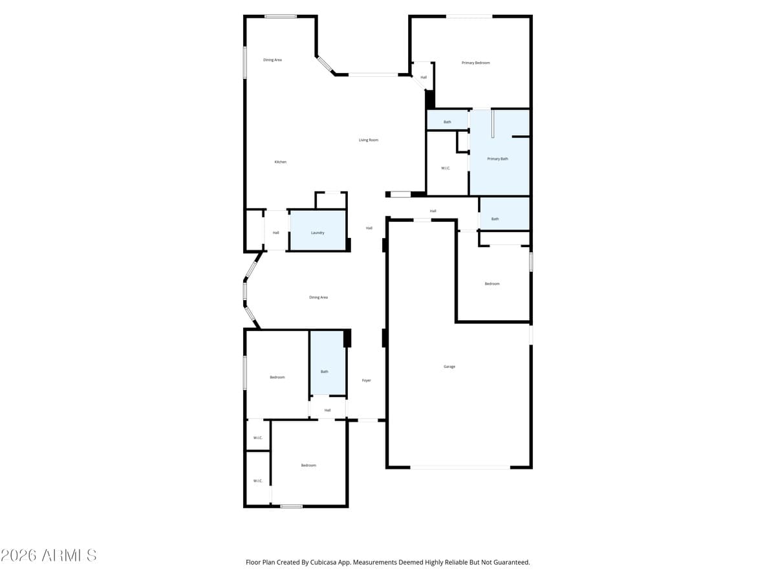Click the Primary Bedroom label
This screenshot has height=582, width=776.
point(475,63)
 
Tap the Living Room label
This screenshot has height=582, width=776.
point(369,140)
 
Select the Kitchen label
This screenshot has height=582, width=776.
point(280,162)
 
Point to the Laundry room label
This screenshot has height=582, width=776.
point(318,233)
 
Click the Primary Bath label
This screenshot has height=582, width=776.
point(497,158)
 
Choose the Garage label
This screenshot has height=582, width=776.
point(449,367)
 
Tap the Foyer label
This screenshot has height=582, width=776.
point(367,380)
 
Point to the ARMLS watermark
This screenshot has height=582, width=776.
point(49,555)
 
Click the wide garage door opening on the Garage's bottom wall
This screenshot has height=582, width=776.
point(460,467)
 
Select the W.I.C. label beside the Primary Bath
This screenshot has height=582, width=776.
point(446,168)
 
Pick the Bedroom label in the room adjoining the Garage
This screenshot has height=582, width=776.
point(492,284)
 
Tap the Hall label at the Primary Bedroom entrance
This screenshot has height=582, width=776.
point(424,77)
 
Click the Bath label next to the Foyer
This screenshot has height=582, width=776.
point(325,371)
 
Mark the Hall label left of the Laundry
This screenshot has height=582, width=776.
point(276,233)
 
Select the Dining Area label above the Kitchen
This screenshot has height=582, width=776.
point(272,59)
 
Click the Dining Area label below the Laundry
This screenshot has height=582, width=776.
point(318,297)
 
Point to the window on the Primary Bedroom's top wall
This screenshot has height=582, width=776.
point(469,16)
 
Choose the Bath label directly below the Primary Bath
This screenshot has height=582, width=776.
point(495,219)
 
